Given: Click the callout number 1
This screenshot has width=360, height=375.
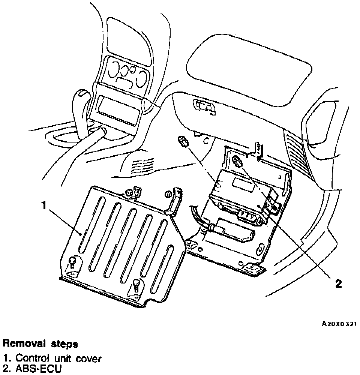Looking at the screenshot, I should (43, 205).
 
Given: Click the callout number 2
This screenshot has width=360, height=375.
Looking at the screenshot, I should (338, 283).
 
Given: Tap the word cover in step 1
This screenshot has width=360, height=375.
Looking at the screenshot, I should (88, 359).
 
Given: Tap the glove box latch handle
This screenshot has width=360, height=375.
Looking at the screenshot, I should (205, 106).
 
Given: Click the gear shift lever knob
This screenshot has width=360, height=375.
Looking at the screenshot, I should (82, 98).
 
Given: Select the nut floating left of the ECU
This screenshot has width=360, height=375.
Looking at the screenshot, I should (183, 142).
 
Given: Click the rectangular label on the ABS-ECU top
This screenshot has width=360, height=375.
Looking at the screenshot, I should (242, 183).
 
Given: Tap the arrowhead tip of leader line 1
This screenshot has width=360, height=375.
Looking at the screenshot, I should (81, 234).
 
